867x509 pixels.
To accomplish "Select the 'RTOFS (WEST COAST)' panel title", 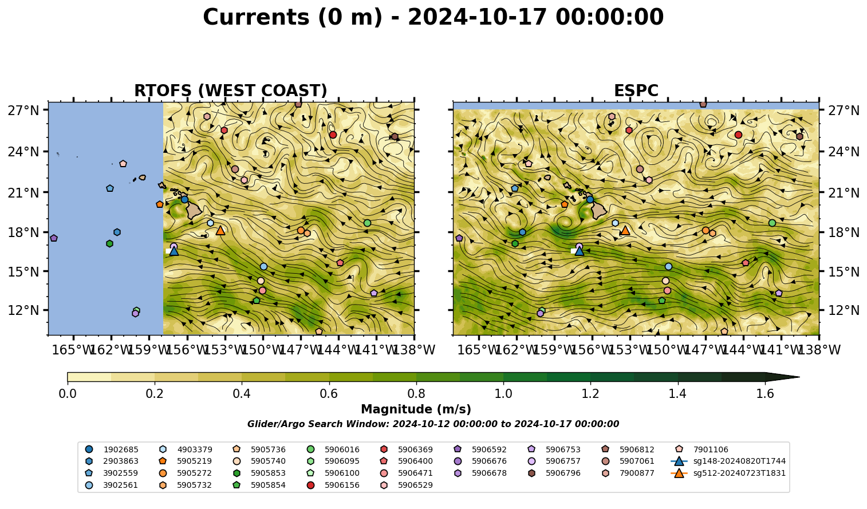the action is (x=231, y=90).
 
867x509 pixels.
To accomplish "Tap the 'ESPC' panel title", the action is (x=636, y=90).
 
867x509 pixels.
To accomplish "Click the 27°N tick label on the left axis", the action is (x=23, y=111).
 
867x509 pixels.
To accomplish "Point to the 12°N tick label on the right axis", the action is (x=844, y=310).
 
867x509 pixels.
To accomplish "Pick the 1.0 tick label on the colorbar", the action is (x=503, y=394).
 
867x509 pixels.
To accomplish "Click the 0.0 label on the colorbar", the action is (x=68, y=394).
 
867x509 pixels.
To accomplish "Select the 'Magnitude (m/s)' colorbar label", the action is (x=416, y=409).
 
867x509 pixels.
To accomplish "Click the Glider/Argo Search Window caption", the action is (x=433, y=424).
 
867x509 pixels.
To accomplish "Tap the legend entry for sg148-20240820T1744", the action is (x=728, y=461).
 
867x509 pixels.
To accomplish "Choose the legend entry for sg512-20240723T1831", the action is (x=728, y=473).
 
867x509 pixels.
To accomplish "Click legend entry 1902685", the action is (x=112, y=449).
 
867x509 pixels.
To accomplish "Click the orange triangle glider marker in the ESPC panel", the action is (x=625, y=231).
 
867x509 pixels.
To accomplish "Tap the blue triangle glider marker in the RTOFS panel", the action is (x=174, y=251).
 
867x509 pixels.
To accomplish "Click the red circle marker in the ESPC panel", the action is (x=738, y=135).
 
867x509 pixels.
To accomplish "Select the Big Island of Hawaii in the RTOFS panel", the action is (x=194, y=211).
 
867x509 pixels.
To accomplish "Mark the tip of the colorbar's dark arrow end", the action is (x=799, y=377).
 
